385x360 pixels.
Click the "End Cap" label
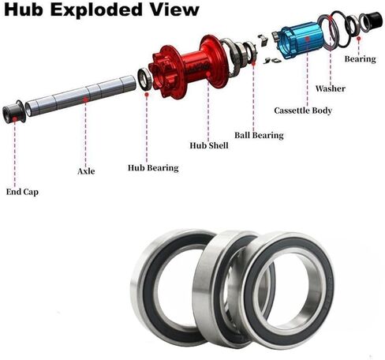pyautogui.click(x=22, y=192)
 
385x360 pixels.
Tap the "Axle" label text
pyautogui.click(x=86, y=171)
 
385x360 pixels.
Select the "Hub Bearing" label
pyautogui.click(x=153, y=168)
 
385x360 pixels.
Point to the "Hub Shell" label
pyautogui.click(x=209, y=145)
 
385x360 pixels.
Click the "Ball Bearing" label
pyautogui.click(x=259, y=135)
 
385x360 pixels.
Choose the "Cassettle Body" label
pyautogui.click(x=303, y=111)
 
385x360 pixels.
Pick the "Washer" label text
pyautogui.click(x=331, y=88)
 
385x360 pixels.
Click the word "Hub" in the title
pyautogui.click(x=24, y=9)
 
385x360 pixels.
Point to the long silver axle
pyautogui.click(x=80, y=96)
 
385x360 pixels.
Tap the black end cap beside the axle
pyautogui.click(x=13, y=112)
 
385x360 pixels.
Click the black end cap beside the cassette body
pyautogui.click(x=373, y=20)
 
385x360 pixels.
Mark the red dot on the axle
pyautogui.click(x=85, y=99)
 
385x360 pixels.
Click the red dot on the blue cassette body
pyautogui.click(x=307, y=38)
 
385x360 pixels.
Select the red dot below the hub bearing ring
pyautogui.click(x=147, y=94)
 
